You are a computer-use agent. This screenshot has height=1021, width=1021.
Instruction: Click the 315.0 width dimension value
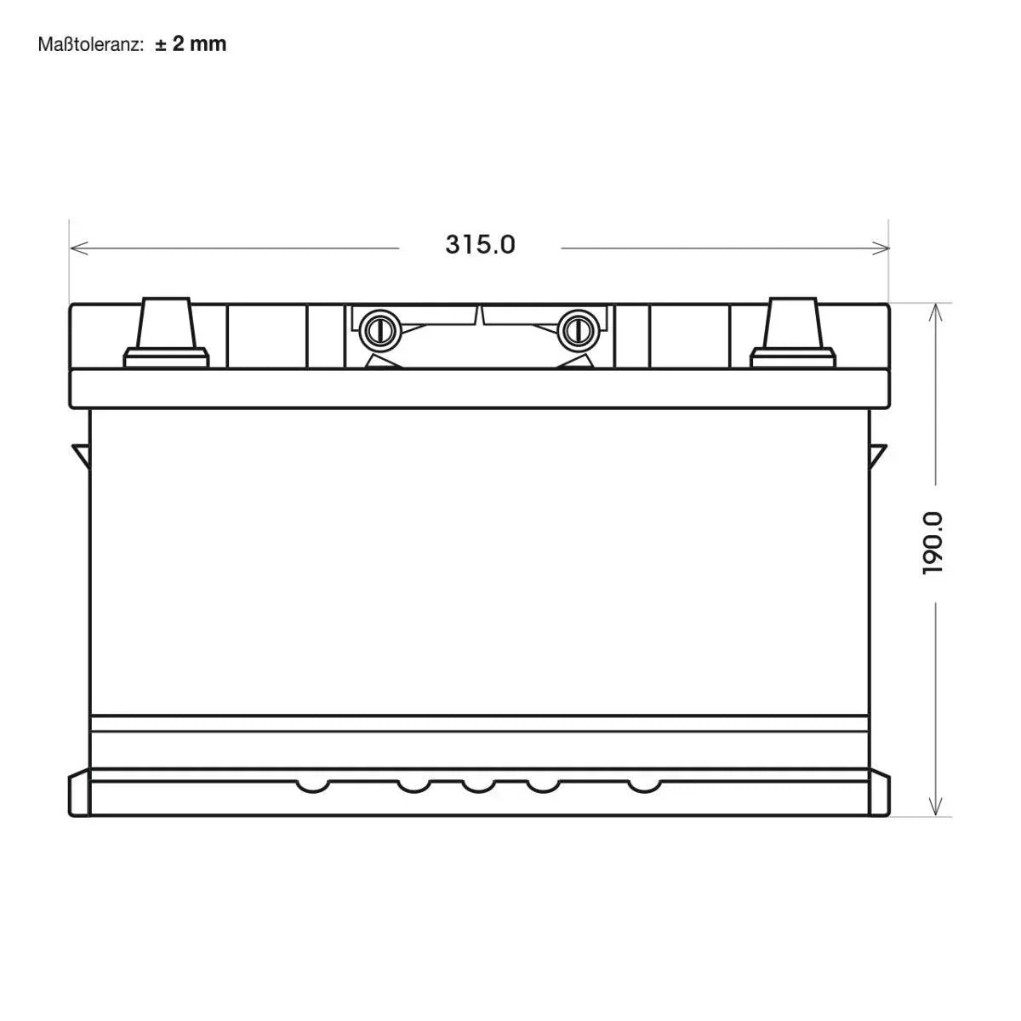(x=480, y=245)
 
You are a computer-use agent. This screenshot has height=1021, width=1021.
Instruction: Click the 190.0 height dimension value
(x=933, y=543)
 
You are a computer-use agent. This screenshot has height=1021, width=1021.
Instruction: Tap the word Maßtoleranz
(x=90, y=44)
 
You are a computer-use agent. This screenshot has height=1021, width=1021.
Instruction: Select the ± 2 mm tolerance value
(x=191, y=44)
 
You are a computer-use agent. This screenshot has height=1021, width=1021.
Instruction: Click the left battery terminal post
(x=166, y=322)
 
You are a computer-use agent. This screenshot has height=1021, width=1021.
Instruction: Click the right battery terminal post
(x=793, y=322)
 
